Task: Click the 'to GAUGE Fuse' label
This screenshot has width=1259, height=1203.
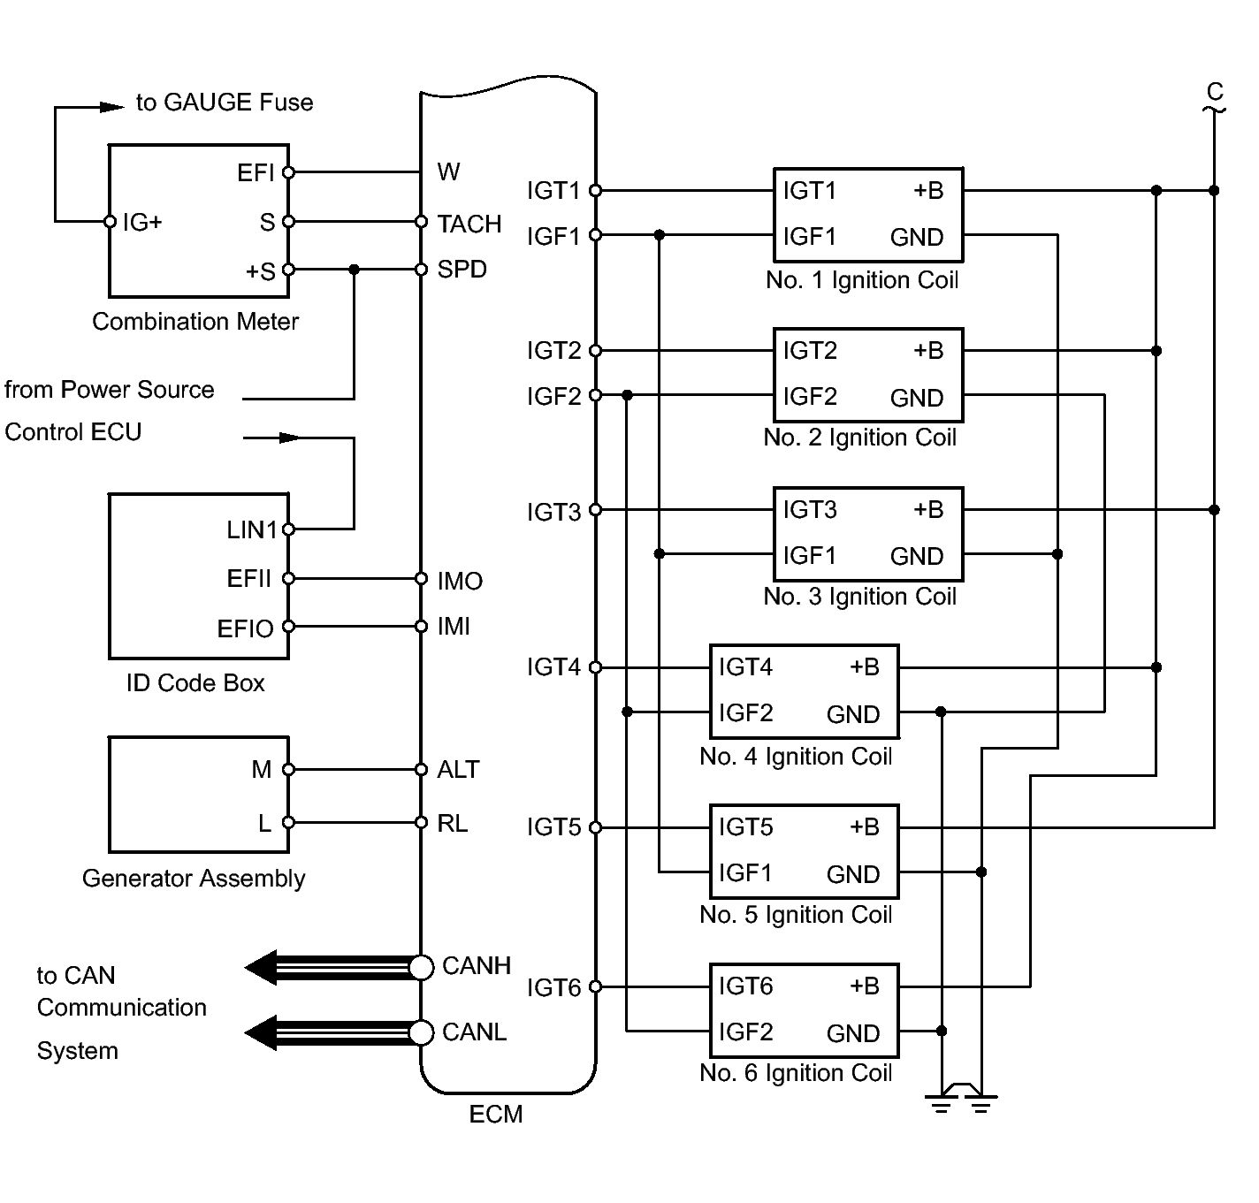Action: pos(225,103)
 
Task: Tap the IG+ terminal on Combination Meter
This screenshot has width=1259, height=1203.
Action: pos(110,221)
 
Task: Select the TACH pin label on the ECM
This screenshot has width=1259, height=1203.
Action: pos(469,224)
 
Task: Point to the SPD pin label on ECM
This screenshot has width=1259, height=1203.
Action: pos(462,270)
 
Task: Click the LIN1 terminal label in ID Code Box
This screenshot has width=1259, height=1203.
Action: pos(252,530)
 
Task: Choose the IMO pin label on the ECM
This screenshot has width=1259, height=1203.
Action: pos(460,581)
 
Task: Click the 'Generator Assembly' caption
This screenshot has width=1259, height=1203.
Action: pos(194,879)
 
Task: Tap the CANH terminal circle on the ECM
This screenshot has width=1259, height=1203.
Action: pos(422,968)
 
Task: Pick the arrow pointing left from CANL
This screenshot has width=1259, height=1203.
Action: pos(261,1032)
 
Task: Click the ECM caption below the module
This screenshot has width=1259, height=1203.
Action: pos(495,1115)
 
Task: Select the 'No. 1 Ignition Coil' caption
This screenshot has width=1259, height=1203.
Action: pos(862,280)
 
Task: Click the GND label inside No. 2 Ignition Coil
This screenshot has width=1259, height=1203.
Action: pos(917,398)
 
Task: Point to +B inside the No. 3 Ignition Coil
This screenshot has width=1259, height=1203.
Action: pos(928,510)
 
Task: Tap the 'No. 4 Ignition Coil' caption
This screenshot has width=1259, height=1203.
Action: pos(796,757)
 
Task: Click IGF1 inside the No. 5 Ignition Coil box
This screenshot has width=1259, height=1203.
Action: pos(745,873)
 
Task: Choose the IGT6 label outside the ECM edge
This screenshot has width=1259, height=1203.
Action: pos(553,987)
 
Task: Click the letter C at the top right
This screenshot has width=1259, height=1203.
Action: pos(1215,92)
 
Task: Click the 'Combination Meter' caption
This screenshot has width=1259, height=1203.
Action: pos(195,322)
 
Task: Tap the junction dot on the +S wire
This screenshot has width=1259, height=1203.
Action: pos(355,270)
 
